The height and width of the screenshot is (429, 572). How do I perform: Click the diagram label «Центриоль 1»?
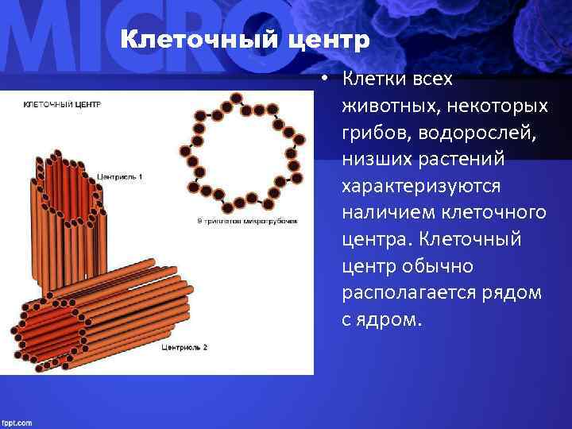120,176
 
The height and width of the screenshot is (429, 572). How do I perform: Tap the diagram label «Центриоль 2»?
184,347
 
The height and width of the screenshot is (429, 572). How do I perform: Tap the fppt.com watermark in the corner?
17,422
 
